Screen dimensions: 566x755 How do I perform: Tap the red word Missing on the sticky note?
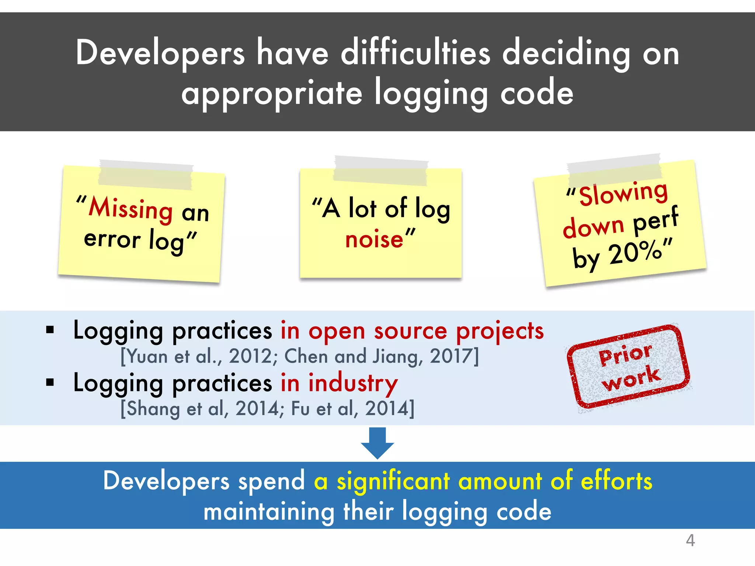point(131,209)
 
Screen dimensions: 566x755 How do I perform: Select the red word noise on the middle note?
point(374,240)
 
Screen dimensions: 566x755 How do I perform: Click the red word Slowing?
point(623,193)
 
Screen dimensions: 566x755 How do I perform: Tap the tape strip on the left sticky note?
point(146,174)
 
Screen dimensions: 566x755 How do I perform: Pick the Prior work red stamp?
point(628,366)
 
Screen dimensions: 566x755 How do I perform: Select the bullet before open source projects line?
point(50,330)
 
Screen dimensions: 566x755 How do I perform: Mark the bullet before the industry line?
point(50,382)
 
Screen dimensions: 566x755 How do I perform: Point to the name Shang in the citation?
point(153,409)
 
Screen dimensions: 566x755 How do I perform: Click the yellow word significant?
point(393,481)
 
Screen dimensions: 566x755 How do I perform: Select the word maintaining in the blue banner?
point(269,512)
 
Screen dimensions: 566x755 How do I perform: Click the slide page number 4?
point(690,540)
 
